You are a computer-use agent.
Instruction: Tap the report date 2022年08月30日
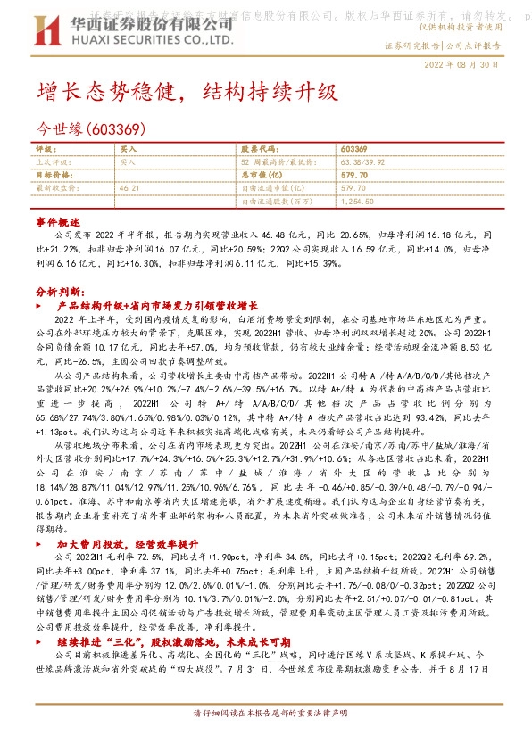[x=468, y=65]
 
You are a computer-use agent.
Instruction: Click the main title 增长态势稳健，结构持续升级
[x=187, y=91]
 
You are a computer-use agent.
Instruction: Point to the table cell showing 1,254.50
[x=357, y=202]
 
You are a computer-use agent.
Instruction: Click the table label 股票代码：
[x=261, y=150]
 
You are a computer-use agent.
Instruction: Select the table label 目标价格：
[x=54, y=177]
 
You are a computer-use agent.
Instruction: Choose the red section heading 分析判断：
[x=60, y=291]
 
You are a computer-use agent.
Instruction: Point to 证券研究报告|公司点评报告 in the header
[x=443, y=45]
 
